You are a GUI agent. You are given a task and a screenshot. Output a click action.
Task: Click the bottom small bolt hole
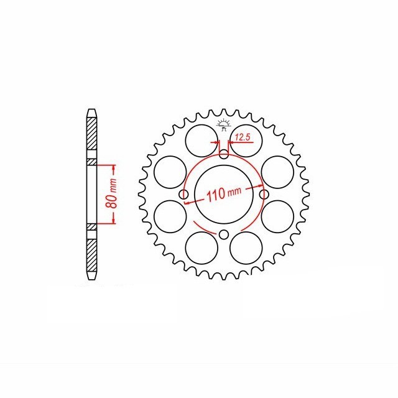tap(223, 234)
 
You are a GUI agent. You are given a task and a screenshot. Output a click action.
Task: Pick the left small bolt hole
tap(183, 195)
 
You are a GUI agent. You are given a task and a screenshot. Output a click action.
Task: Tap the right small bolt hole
tap(262, 195)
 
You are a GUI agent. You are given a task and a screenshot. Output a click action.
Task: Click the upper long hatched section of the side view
tap(91, 137)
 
